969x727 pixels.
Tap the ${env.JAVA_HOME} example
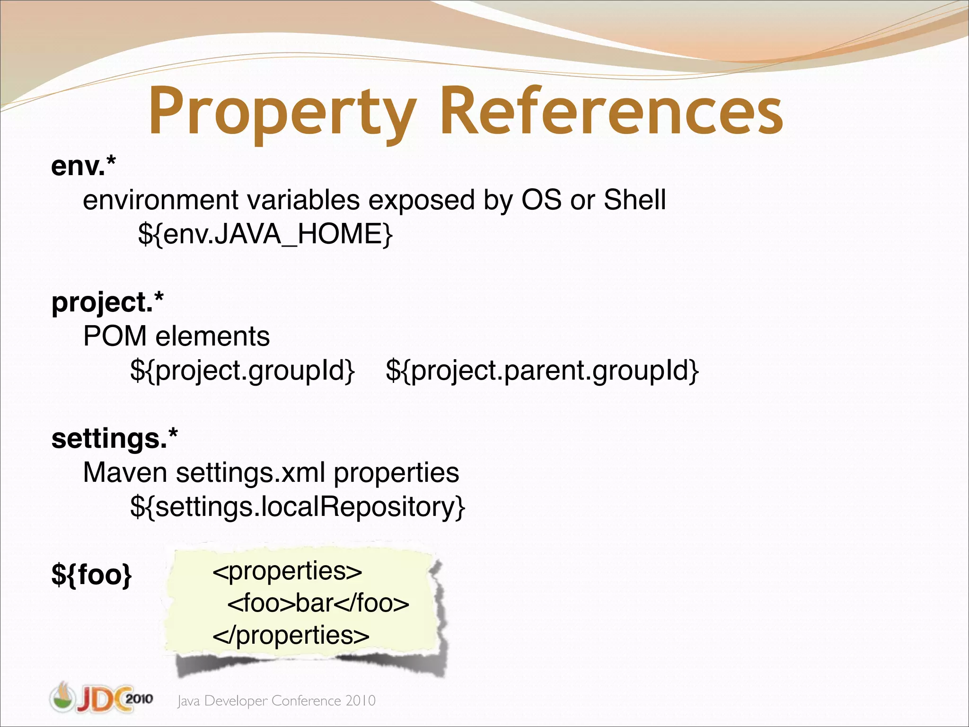coord(265,234)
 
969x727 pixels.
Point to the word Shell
coord(634,200)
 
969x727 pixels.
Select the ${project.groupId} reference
coord(242,370)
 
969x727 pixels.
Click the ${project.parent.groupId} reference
coord(542,370)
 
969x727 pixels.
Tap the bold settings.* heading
coord(115,438)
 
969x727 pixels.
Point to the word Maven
coord(125,472)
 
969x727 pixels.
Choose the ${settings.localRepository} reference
coord(298,506)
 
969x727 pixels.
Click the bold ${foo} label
coord(92,575)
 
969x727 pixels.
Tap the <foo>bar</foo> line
coord(318,603)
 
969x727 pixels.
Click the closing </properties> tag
coord(291,635)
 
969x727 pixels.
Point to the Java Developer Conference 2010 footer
coord(276,700)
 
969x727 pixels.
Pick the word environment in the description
coord(160,200)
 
